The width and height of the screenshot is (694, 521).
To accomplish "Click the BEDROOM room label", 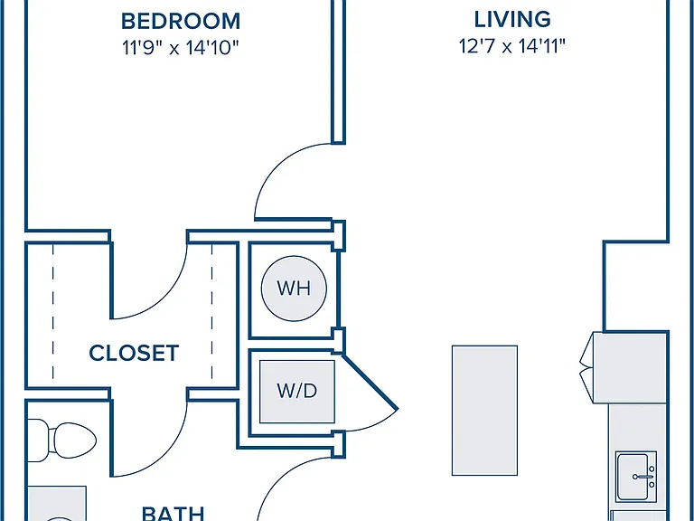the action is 181,22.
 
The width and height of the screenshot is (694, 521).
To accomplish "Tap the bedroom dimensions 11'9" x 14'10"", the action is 181,47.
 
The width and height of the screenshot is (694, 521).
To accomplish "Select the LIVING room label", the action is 512,20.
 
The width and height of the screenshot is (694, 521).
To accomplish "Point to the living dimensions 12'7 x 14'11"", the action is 512,46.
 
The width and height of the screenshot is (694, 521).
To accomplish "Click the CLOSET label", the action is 134,353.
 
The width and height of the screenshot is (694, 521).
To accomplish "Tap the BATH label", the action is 173,514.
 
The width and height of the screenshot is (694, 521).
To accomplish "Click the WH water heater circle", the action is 294,289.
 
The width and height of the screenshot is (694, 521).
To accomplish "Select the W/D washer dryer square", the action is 297,391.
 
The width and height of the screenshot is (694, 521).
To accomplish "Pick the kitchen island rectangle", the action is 484,411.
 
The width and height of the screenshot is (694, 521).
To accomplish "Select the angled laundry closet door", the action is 370,382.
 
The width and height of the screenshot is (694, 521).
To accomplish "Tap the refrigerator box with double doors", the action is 624,367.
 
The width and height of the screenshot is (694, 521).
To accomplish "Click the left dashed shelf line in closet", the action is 53,311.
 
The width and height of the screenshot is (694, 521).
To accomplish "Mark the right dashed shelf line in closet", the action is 212,311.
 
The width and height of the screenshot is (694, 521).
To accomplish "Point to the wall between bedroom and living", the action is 339,71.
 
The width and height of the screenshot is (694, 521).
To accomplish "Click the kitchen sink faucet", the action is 644,477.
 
